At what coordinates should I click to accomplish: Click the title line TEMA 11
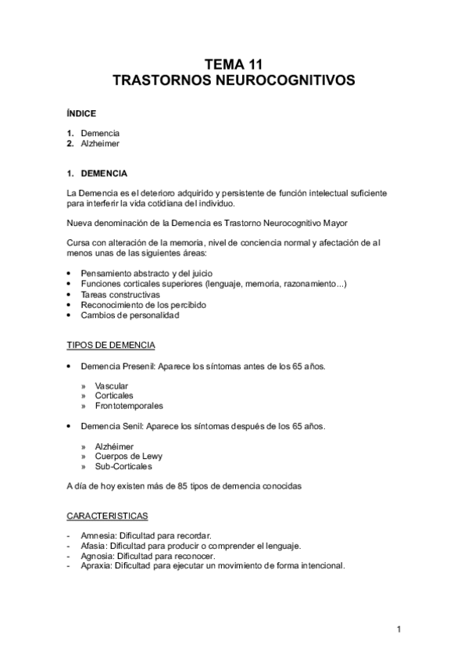coord(234,66)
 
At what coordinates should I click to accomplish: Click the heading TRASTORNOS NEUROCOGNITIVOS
coord(234,81)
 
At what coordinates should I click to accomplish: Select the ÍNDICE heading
coord(81,113)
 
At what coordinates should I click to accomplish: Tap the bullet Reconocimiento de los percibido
coord(142,305)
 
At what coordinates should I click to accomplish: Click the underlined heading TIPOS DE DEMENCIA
coord(110,345)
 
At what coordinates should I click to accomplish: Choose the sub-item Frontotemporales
coord(129,406)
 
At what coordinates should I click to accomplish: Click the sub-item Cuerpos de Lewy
coord(128,457)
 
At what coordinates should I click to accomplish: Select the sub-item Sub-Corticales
coord(123,467)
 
